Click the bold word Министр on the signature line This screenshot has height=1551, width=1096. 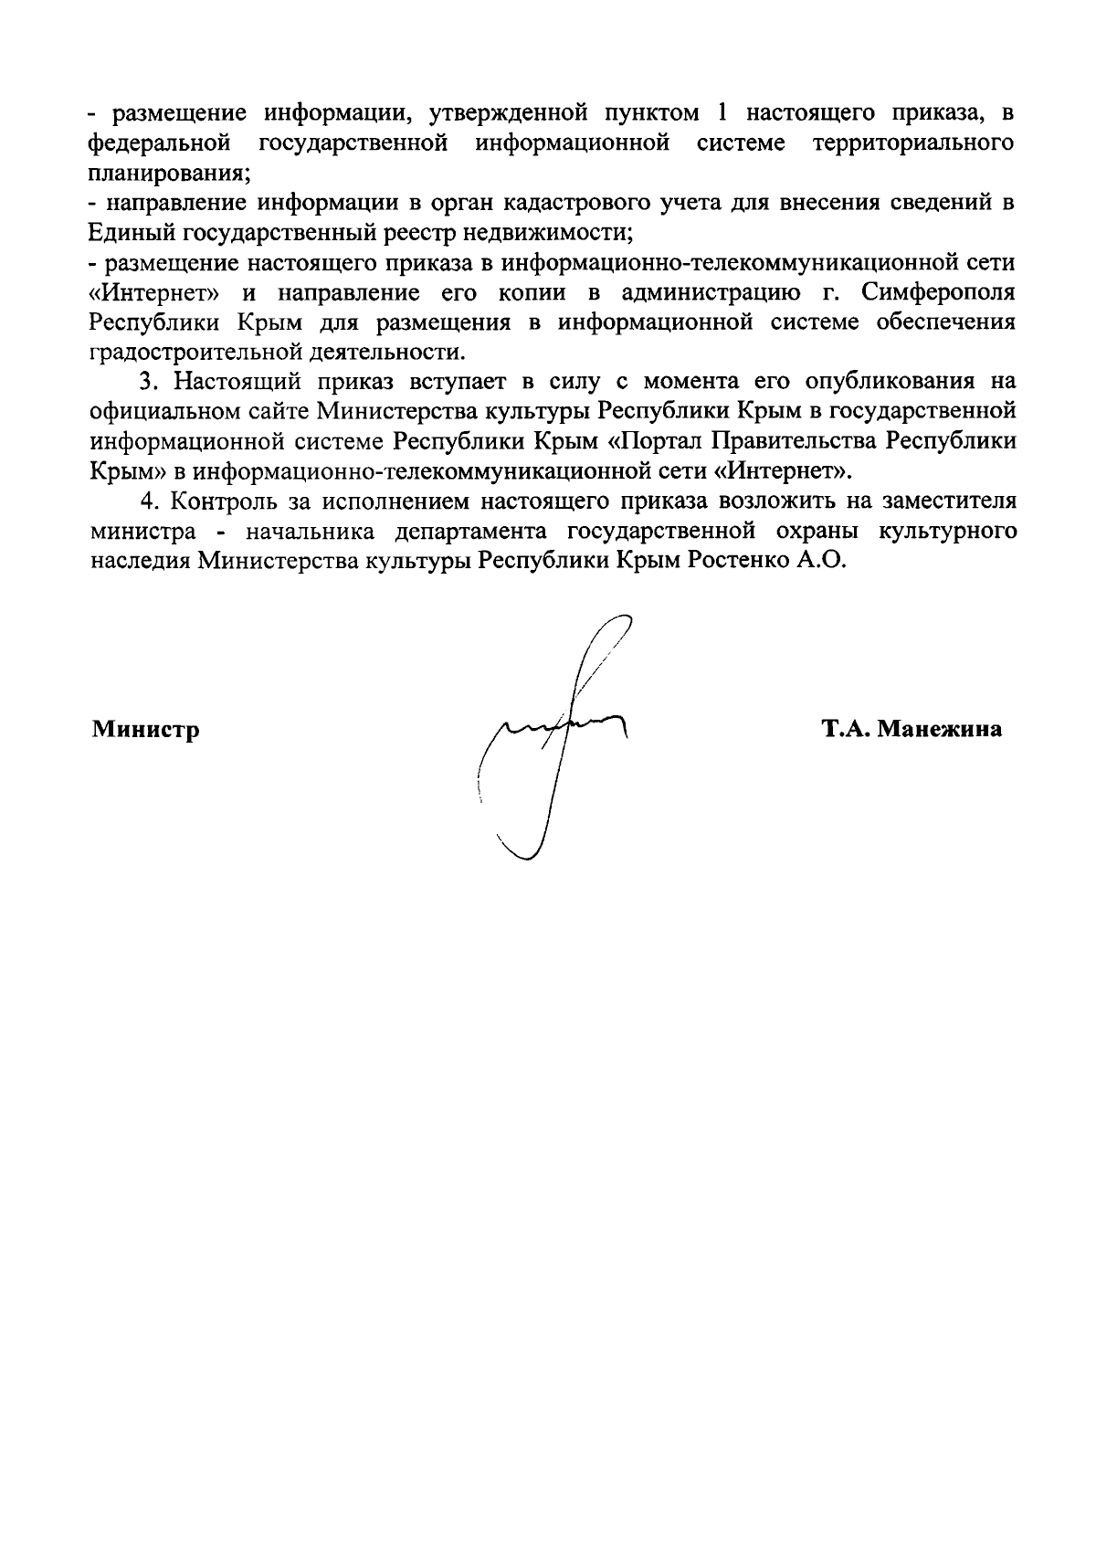pyautogui.click(x=145, y=730)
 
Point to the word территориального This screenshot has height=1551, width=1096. pyautogui.click(x=913, y=143)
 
